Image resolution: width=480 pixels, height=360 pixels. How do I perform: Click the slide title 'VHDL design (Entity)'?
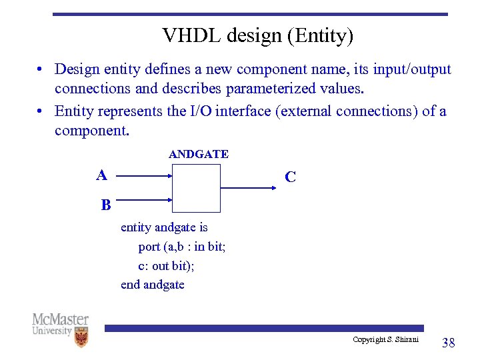click(x=257, y=36)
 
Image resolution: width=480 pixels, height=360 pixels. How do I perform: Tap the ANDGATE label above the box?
click(x=199, y=154)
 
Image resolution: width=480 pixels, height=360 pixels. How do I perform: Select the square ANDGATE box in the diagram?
click(x=196, y=188)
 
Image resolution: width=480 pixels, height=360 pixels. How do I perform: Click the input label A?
click(x=101, y=175)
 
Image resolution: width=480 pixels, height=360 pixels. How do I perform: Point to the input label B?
click(x=106, y=205)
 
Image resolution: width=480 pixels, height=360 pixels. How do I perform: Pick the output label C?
click(x=290, y=177)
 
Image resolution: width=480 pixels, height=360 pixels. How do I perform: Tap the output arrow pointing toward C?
click(x=248, y=188)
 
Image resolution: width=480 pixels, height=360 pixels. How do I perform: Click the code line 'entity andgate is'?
click(x=164, y=227)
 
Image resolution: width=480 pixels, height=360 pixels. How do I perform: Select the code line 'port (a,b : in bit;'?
click(x=182, y=247)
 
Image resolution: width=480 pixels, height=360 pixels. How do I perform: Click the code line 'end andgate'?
click(x=153, y=285)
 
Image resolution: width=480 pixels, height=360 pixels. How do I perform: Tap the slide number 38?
click(x=449, y=343)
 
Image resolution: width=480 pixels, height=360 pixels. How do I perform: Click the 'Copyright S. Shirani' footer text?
click(x=386, y=340)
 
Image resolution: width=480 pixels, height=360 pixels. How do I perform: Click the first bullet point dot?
click(x=41, y=70)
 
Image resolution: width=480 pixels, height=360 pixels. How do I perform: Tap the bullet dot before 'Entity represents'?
click(x=41, y=111)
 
